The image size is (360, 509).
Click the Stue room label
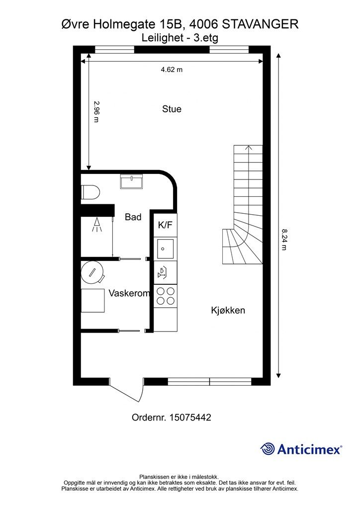[172, 109]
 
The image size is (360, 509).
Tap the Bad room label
[133, 217]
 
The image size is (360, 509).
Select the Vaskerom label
[129, 293]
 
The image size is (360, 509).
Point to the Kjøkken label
[228, 310]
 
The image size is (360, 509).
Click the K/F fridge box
[165, 225]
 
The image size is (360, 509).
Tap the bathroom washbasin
[131, 181]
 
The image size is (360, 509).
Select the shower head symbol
[97, 225]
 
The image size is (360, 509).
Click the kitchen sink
[165, 249]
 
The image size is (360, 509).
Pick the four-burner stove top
[166, 296]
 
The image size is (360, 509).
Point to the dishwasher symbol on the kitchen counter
[162, 272]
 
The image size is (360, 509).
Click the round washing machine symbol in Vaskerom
[92, 272]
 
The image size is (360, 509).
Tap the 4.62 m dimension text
[172, 70]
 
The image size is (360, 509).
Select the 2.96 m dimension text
[96, 112]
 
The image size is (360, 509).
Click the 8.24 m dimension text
[284, 240]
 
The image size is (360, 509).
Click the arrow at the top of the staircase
[249, 148]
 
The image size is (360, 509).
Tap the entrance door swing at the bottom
[128, 392]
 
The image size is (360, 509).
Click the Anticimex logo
[301, 449]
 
